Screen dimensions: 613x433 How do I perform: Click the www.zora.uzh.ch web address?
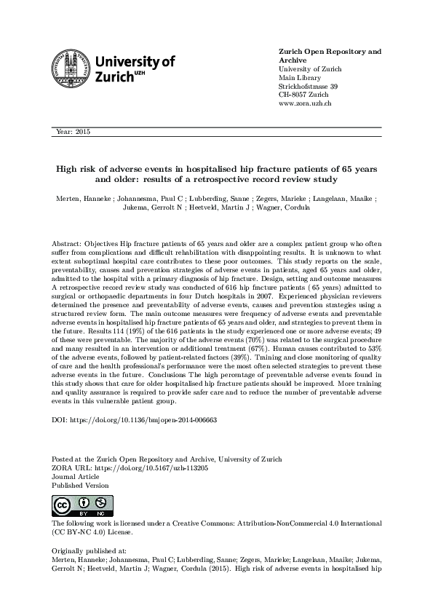306,104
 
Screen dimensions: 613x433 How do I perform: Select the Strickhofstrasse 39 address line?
309,86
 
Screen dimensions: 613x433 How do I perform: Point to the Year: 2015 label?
71,132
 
